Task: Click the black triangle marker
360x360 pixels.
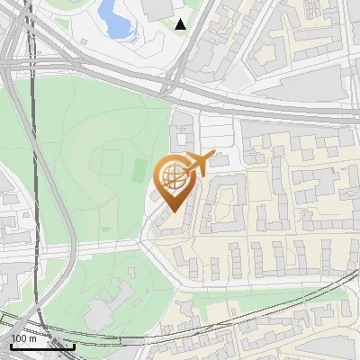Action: [181, 24]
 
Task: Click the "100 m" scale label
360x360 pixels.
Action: [24, 338]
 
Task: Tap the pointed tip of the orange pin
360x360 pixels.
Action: [171, 211]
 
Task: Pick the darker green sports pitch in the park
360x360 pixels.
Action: [139, 168]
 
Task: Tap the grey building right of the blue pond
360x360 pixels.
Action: [157, 9]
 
